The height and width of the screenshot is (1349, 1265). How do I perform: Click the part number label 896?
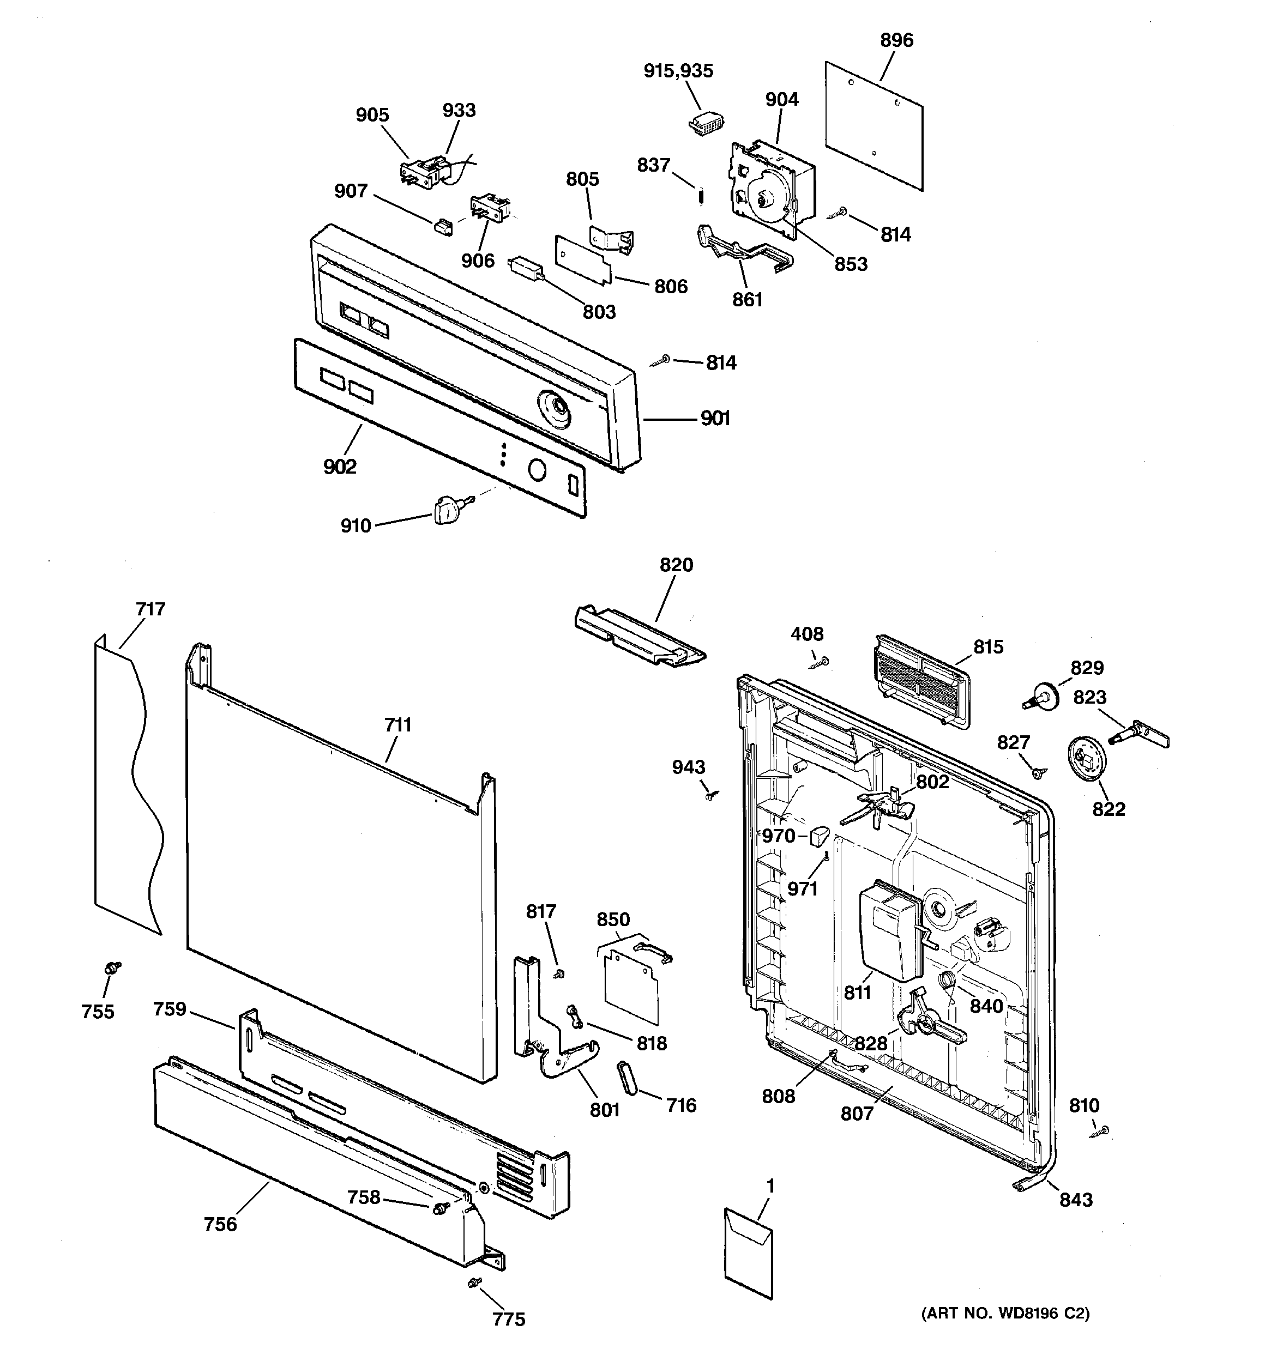coord(896,40)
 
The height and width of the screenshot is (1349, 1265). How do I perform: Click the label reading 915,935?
coord(678,70)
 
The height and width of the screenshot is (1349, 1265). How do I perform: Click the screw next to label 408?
coord(822,662)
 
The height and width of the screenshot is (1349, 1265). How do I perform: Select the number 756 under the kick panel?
coord(221,1224)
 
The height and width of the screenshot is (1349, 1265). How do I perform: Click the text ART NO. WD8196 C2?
coord(1004,1333)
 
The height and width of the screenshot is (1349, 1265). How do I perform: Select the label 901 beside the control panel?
coord(715,419)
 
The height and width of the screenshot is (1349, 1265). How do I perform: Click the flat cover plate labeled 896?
coord(875,125)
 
